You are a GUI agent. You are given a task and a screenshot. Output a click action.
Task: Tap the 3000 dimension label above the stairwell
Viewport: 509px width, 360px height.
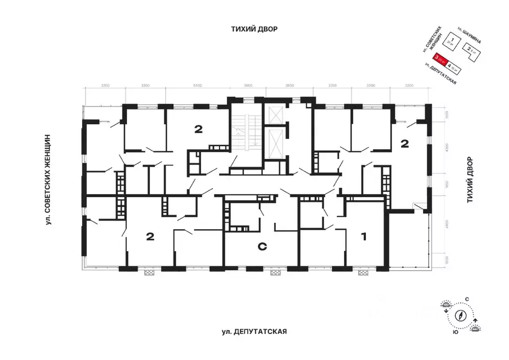coord(248,86)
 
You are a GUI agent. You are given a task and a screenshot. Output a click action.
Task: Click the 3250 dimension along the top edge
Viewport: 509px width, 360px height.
coord(332,86)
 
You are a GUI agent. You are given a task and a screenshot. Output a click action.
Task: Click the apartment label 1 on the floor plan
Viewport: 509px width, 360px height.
coord(363,237)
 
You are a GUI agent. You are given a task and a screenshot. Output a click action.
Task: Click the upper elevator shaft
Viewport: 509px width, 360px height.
coord(275,115)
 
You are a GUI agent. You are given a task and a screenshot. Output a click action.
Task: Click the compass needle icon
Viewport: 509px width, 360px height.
coord(461,314)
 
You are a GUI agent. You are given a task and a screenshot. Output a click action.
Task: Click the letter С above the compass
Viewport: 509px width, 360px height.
coord(467,298)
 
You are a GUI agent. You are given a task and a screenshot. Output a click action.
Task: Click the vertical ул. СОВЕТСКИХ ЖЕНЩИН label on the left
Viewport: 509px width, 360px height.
coord(49,179)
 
